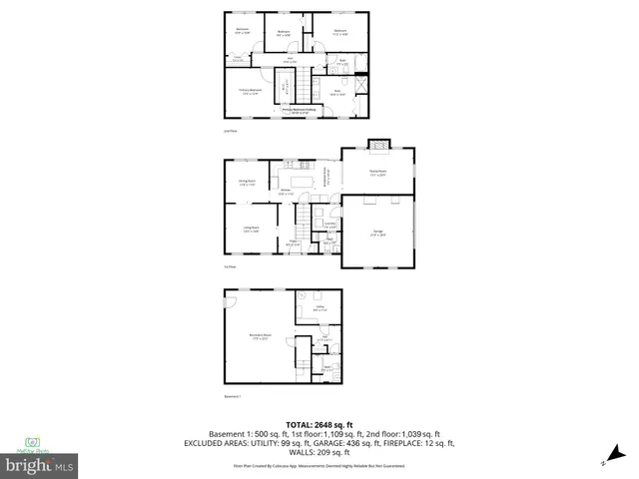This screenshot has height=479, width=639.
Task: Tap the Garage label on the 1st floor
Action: pos(377,235)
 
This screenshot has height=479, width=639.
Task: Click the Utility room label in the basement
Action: pos(318,309)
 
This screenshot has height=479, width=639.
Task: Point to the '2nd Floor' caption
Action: pos(231,130)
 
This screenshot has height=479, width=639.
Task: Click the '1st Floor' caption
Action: pos(230,266)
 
